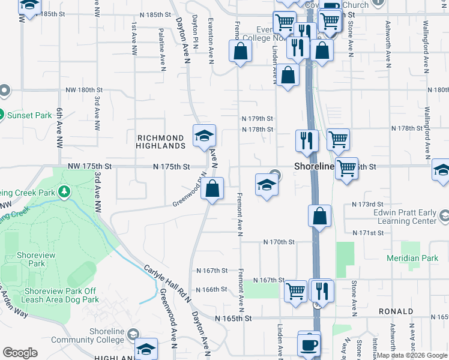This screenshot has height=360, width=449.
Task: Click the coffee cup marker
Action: (310, 344)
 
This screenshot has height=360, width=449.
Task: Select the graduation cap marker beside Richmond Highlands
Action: (203, 136)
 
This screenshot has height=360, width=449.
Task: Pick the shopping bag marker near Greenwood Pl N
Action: (212, 189)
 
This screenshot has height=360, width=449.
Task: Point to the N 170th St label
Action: (279, 242)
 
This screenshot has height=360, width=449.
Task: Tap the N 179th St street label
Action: (257, 119)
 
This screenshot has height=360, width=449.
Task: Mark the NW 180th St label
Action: (85, 89)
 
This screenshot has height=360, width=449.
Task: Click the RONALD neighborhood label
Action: (396, 311)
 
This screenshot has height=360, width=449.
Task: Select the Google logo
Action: (20, 353)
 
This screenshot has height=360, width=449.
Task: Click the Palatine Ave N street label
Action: (162, 49)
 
